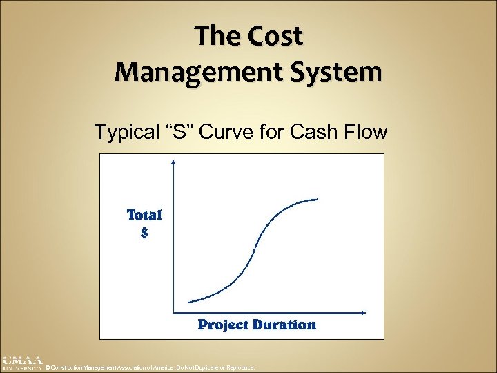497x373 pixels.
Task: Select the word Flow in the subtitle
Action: (366, 132)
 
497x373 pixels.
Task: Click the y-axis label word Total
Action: (144, 215)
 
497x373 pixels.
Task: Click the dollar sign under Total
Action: (144, 233)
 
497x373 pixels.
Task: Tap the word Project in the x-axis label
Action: (223, 324)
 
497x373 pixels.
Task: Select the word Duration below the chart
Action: (284, 324)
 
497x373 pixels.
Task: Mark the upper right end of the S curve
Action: (318, 199)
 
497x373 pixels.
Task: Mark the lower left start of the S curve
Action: (189, 301)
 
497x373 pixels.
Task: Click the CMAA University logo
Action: (22, 363)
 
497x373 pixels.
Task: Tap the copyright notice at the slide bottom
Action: (150, 368)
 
